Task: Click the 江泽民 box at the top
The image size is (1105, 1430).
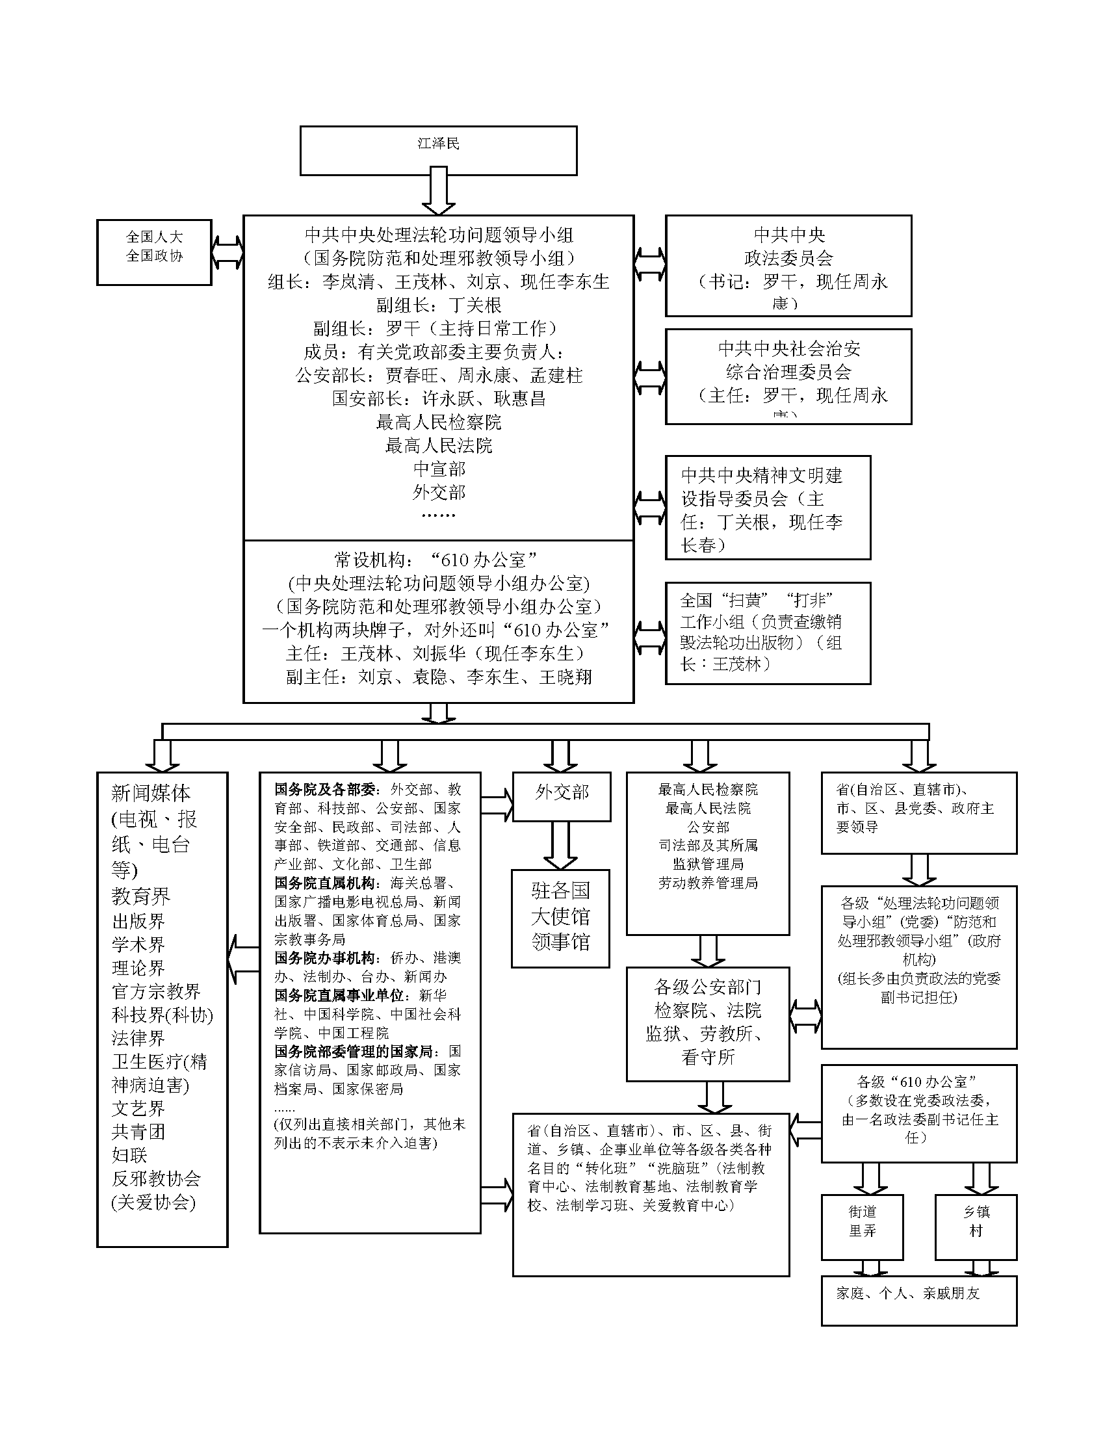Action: point(438,151)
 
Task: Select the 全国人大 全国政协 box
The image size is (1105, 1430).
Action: point(154,252)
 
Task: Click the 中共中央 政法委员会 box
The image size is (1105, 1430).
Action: point(788,266)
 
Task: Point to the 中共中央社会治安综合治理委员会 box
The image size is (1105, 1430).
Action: point(788,376)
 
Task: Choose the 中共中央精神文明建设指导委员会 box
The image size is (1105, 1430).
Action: point(768,508)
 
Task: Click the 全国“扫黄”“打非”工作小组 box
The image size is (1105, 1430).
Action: point(768,633)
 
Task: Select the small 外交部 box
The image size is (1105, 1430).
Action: point(561,796)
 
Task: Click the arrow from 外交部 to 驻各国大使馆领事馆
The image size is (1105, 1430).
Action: point(561,845)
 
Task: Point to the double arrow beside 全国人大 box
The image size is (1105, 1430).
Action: point(227,252)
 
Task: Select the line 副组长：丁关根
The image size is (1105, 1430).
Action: point(438,305)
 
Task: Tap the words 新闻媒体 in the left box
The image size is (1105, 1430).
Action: point(151,794)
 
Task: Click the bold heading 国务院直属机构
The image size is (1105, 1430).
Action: point(325,883)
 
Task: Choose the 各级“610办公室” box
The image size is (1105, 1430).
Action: point(918,1113)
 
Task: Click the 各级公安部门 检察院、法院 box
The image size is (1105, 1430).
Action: point(708,1024)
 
